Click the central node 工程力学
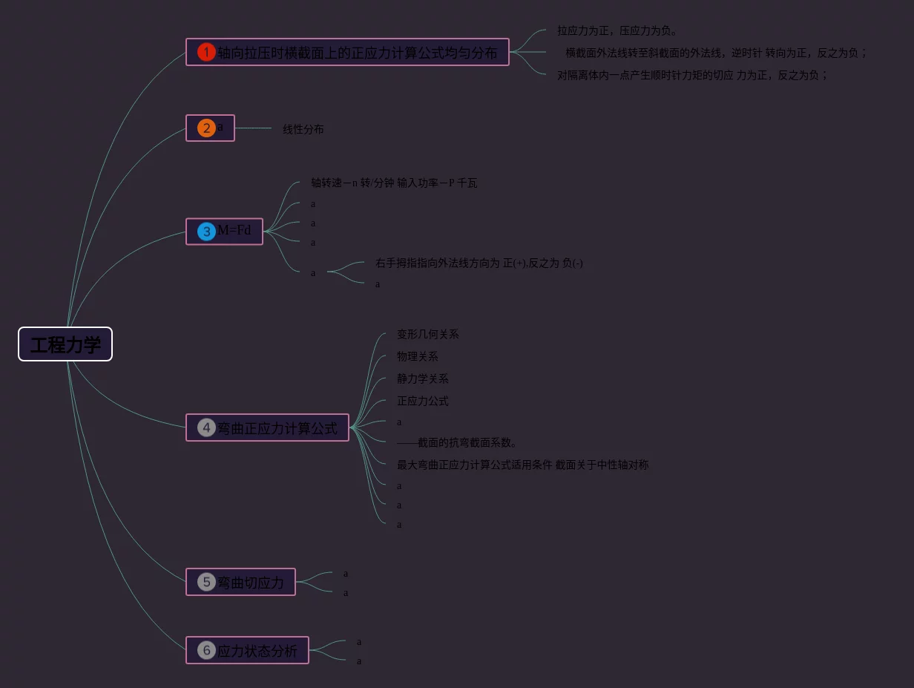click(x=65, y=344)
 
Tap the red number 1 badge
click(x=206, y=52)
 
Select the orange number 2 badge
click(x=206, y=128)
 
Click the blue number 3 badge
click(x=206, y=232)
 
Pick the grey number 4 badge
click(x=206, y=427)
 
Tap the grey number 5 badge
click(x=206, y=582)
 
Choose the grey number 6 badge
click(x=206, y=650)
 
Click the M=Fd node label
click(x=234, y=230)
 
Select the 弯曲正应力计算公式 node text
click(x=277, y=428)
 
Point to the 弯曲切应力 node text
click(x=251, y=583)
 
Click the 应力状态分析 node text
click(x=257, y=651)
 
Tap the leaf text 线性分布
click(x=303, y=129)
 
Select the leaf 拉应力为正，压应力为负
click(x=617, y=31)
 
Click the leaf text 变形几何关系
click(x=427, y=335)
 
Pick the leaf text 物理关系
click(x=417, y=357)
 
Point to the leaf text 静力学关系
click(x=422, y=379)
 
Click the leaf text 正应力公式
click(x=422, y=402)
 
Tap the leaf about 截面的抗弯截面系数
click(x=457, y=443)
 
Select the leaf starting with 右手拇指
click(x=479, y=263)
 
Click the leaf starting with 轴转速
click(x=394, y=183)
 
